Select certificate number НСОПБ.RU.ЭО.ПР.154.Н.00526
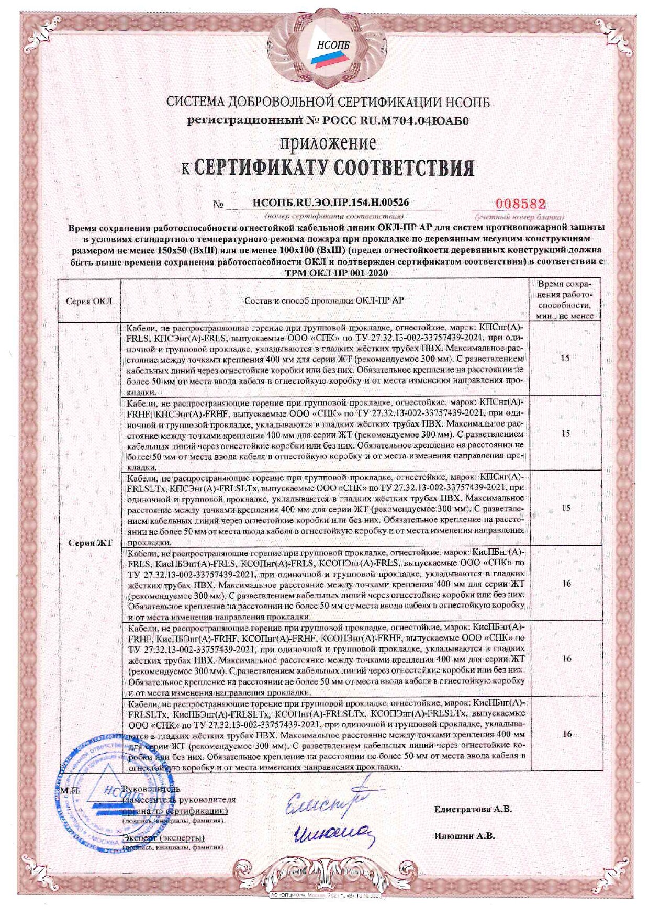coord(330,203)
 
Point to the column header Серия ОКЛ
coord(88,301)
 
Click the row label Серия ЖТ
coord(91,543)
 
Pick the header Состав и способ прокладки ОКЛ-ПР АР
coord(324,300)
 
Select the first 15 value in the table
coord(565,359)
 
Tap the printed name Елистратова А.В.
coord(473,809)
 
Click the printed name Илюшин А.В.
coord(464,836)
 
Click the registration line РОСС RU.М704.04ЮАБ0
coord(329,121)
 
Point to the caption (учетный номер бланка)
coord(519,217)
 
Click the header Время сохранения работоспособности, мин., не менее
coord(565,300)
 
